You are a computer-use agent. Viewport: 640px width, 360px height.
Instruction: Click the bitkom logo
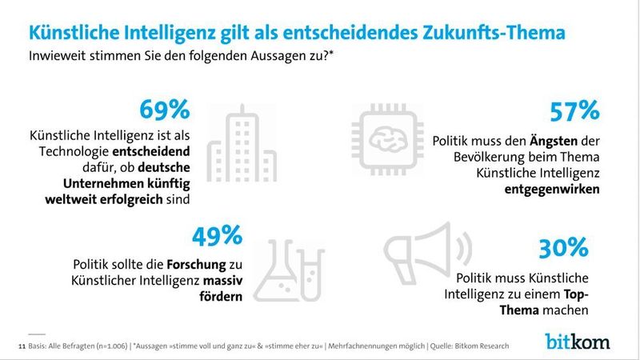coord(578,340)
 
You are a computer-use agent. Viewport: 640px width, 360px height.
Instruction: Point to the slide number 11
coord(21,346)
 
